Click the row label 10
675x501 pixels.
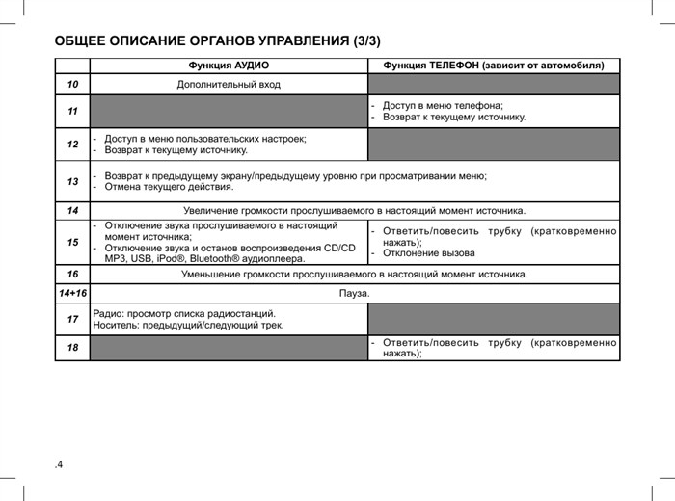coord(72,85)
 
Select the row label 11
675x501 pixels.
coord(72,112)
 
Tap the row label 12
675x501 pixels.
coord(72,145)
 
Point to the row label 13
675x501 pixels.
coord(72,181)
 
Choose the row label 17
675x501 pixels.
coord(72,319)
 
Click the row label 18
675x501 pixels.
coord(72,347)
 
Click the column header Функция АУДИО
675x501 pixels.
coord(229,66)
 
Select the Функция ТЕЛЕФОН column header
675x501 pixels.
coord(494,66)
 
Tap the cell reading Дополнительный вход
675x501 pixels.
coord(229,85)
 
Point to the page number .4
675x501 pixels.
coord(59,465)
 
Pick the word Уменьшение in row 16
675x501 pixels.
coord(212,275)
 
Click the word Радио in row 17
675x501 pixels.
coord(108,313)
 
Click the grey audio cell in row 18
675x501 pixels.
coord(229,347)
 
